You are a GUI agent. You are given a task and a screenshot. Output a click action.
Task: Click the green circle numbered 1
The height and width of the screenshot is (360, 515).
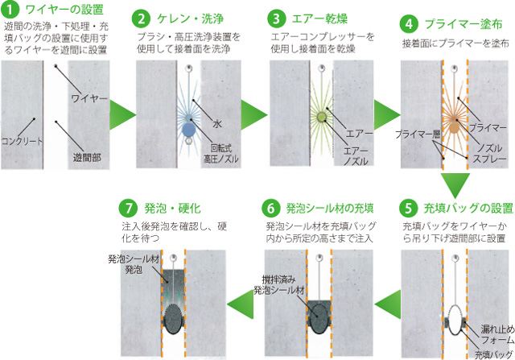click(10, 10)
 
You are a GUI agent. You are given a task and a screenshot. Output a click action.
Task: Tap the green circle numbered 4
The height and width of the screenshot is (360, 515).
click(409, 24)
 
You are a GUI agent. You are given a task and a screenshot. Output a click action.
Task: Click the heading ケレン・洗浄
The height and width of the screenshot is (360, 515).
click(190, 19)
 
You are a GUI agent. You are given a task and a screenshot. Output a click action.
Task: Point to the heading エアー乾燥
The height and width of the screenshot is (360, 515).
click(319, 19)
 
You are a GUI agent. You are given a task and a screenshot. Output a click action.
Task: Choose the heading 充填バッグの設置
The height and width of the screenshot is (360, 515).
click(468, 208)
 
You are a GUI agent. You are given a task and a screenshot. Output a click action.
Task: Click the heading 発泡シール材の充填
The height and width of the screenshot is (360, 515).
click(330, 208)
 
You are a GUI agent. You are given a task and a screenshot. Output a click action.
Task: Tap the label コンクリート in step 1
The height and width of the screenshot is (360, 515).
click(22, 142)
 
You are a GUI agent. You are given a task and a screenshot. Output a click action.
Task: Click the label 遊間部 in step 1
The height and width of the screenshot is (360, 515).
click(87, 158)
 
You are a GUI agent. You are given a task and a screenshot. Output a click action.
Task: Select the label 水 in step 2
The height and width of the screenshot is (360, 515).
click(217, 123)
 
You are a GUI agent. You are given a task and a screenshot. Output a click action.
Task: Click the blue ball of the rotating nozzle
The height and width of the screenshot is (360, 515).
click(188, 130)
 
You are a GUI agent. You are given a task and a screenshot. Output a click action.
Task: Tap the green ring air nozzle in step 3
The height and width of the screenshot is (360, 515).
click(321, 117)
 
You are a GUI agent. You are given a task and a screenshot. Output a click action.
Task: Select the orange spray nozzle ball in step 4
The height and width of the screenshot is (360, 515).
click(454, 127)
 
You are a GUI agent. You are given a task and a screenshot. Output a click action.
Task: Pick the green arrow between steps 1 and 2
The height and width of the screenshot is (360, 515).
click(122, 114)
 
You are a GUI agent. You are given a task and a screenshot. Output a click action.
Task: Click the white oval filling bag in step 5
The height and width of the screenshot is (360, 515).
click(455, 320)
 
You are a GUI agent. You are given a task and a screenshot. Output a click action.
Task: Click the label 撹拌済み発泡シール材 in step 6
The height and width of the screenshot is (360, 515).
click(279, 285)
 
